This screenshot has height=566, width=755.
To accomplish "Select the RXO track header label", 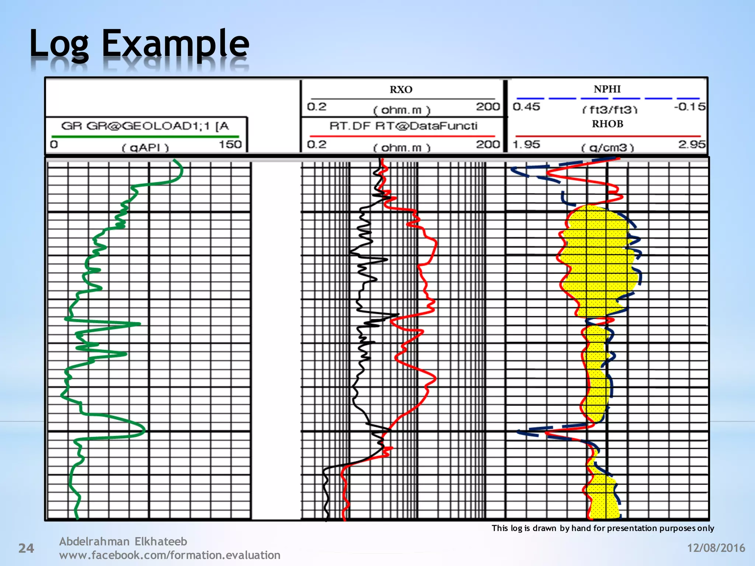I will click(401, 90).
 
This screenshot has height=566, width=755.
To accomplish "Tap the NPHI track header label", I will click(607, 89).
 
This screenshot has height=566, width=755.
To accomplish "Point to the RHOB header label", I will click(608, 124).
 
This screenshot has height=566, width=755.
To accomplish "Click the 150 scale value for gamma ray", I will click(230, 144).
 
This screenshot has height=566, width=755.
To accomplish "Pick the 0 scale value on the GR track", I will click(54, 144).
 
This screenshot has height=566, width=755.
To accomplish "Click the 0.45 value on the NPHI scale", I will click(526, 107).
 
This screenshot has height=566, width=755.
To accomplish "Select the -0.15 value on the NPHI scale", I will click(689, 107).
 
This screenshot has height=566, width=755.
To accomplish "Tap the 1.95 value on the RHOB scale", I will click(526, 144).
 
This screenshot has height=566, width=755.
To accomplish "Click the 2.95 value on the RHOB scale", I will click(692, 144).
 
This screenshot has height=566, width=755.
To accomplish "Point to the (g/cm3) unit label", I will click(608, 148).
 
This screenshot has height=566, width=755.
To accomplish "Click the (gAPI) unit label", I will click(145, 148).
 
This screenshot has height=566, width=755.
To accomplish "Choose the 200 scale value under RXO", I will click(488, 106).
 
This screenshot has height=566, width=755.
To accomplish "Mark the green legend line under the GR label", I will click(145, 137).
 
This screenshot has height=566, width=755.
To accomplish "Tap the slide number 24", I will click(26, 548).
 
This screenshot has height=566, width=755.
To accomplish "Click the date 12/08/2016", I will click(716, 548).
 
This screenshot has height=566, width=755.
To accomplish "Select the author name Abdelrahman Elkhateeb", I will click(123, 541).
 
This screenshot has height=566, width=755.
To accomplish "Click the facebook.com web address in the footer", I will click(170, 555).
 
